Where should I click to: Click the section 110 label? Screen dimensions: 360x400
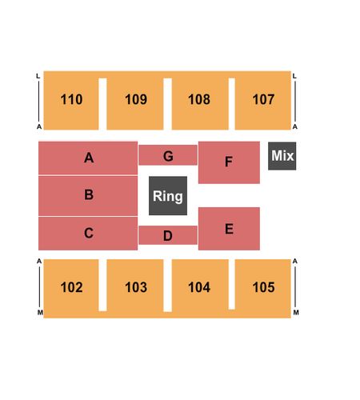click(71, 99)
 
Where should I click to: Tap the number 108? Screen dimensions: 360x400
click(199, 99)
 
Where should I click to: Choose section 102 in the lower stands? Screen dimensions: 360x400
click(71, 287)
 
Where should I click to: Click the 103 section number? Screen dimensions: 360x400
click(136, 287)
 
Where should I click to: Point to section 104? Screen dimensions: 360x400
click(199, 287)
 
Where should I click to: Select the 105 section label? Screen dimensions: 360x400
click(263, 287)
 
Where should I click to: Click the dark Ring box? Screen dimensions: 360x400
click(168, 196)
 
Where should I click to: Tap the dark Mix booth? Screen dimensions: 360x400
click(282, 156)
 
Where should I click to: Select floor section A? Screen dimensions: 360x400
click(88, 158)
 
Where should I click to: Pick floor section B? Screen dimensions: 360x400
click(88, 196)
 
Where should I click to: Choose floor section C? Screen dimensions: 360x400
click(88, 234)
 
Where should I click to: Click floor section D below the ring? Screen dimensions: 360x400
click(168, 235)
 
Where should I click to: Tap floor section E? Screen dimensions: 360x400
click(229, 229)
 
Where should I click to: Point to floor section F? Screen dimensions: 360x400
click(229, 162)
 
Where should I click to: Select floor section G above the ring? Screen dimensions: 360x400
click(168, 155)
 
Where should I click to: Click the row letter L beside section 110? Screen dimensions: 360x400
click(38, 76)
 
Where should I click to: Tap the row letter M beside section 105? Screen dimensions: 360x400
click(296, 312)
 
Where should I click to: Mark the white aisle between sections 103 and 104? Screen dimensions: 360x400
click(167, 286)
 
